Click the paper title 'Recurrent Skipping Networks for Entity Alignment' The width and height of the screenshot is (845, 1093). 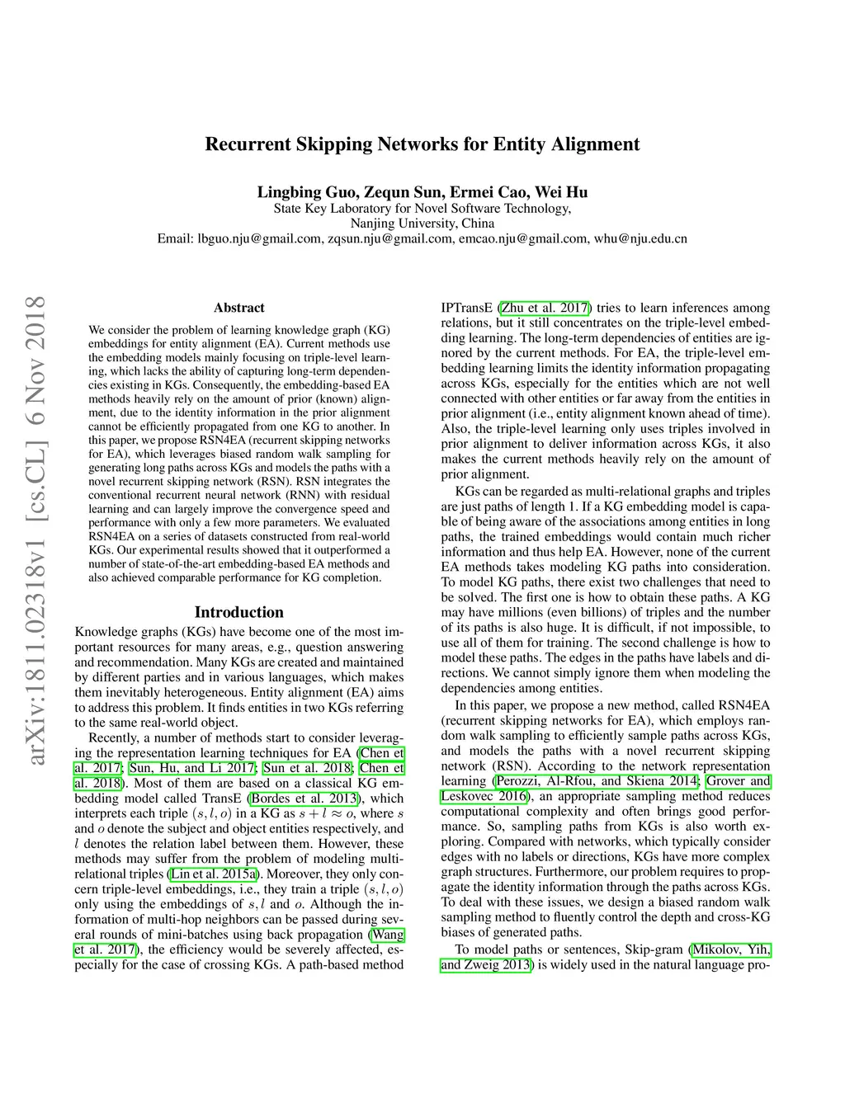[x=422, y=144]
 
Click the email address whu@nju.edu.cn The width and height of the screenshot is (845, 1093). [x=640, y=238]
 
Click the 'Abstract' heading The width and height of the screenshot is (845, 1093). [x=238, y=308]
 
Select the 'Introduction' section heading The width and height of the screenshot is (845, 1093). [x=238, y=612]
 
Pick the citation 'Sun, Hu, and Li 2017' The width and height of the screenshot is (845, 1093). [x=192, y=768]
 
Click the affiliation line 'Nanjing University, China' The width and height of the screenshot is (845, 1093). [x=422, y=224]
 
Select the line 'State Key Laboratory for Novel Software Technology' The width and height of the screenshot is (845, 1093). [x=422, y=209]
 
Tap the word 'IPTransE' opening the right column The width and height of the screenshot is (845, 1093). [x=466, y=308]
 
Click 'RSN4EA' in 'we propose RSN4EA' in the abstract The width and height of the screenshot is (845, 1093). [x=224, y=440]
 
